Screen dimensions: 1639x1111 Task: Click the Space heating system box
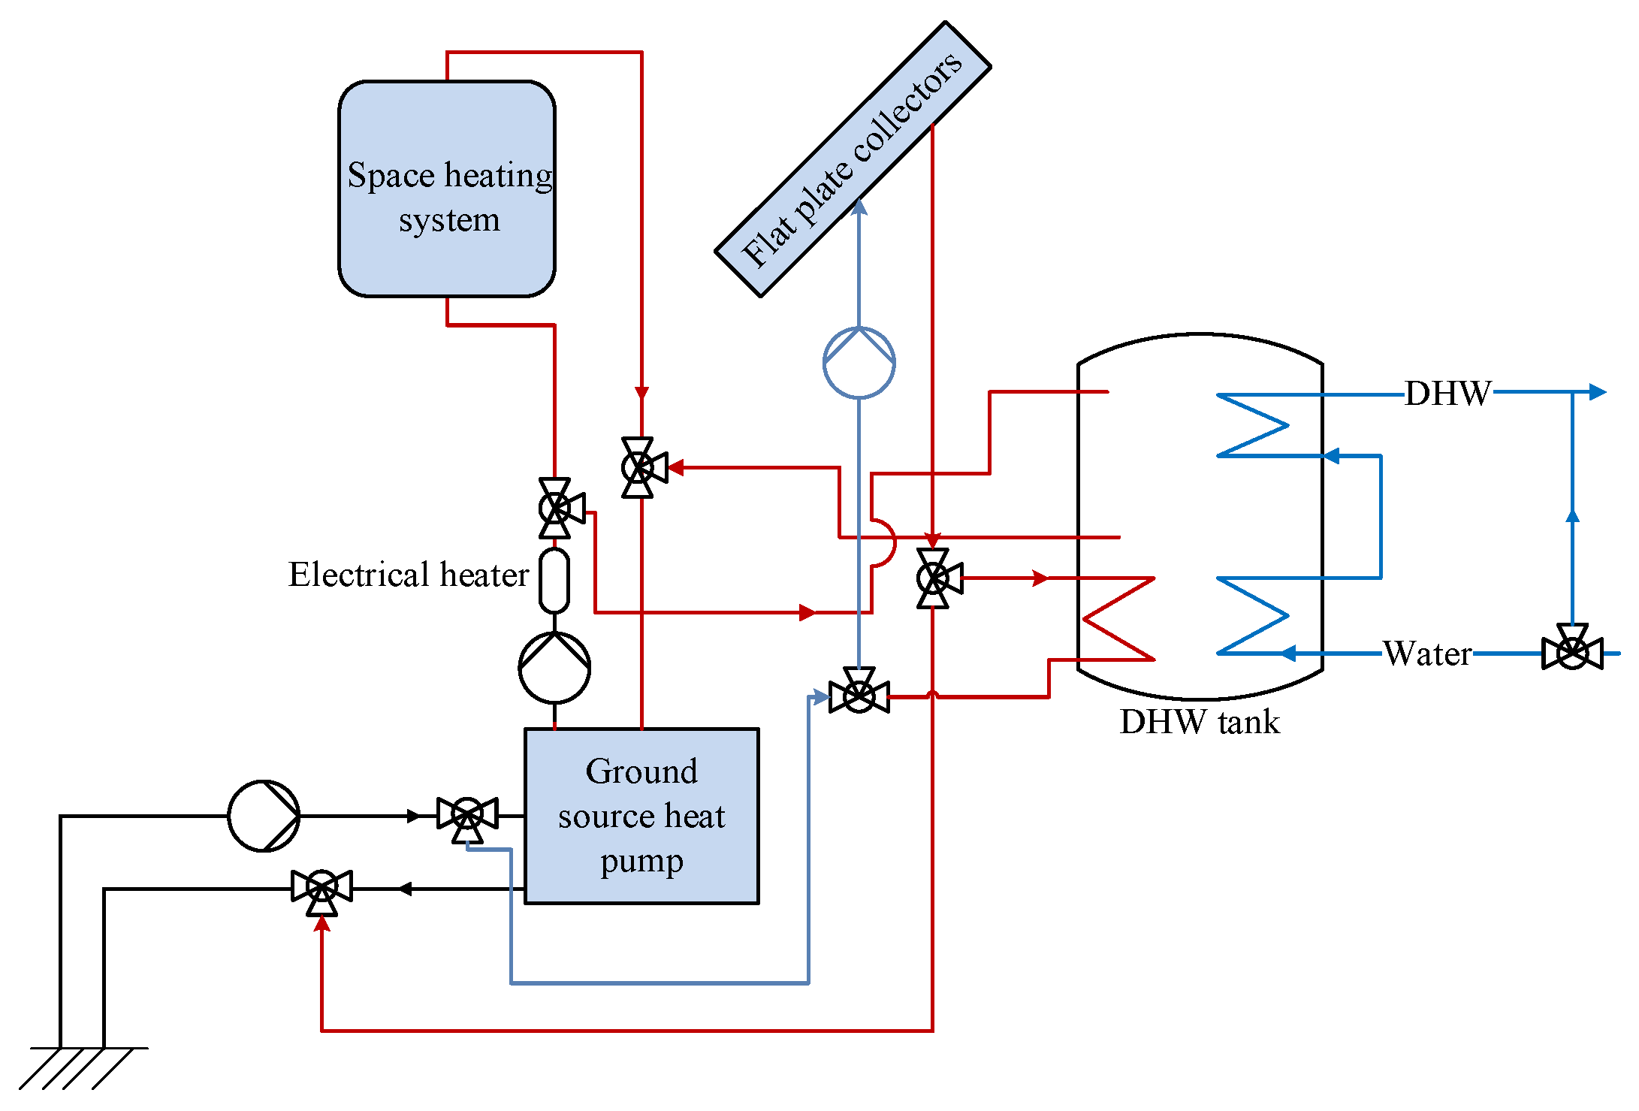point(447,189)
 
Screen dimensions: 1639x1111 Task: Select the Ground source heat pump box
point(641,816)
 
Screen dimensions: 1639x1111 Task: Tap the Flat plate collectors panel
point(853,159)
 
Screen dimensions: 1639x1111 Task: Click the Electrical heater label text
point(409,575)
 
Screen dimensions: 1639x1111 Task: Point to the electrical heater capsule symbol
point(554,581)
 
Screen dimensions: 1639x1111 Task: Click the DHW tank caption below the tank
point(1200,722)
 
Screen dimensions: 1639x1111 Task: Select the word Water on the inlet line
point(1427,654)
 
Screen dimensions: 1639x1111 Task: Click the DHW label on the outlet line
point(1448,393)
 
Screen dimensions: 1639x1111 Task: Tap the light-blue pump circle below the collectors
point(859,363)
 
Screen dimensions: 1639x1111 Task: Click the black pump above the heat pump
point(554,668)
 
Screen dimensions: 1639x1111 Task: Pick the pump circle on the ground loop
point(264,816)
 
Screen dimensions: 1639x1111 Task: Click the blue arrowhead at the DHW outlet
point(1598,391)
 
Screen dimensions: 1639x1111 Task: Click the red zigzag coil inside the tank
point(1118,619)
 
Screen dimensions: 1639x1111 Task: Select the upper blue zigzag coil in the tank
point(1253,425)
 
